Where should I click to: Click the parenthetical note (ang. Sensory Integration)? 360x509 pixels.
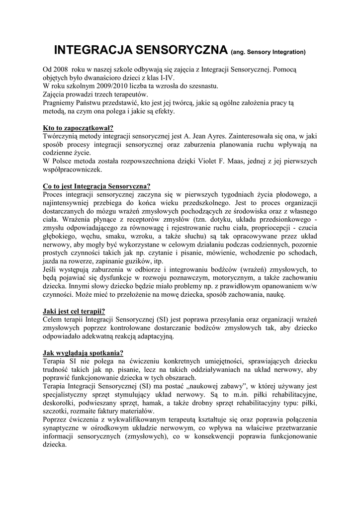(x=269, y=52)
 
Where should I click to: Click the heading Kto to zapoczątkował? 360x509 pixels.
(x=78, y=128)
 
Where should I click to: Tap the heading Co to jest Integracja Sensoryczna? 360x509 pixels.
(x=96, y=187)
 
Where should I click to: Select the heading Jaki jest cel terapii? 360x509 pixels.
(x=74, y=311)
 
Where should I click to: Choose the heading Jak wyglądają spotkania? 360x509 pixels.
(x=83, y=353)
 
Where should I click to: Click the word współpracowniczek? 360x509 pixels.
(x=72, y=170)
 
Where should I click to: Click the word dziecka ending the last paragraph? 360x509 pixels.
(x=55, y=444)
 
